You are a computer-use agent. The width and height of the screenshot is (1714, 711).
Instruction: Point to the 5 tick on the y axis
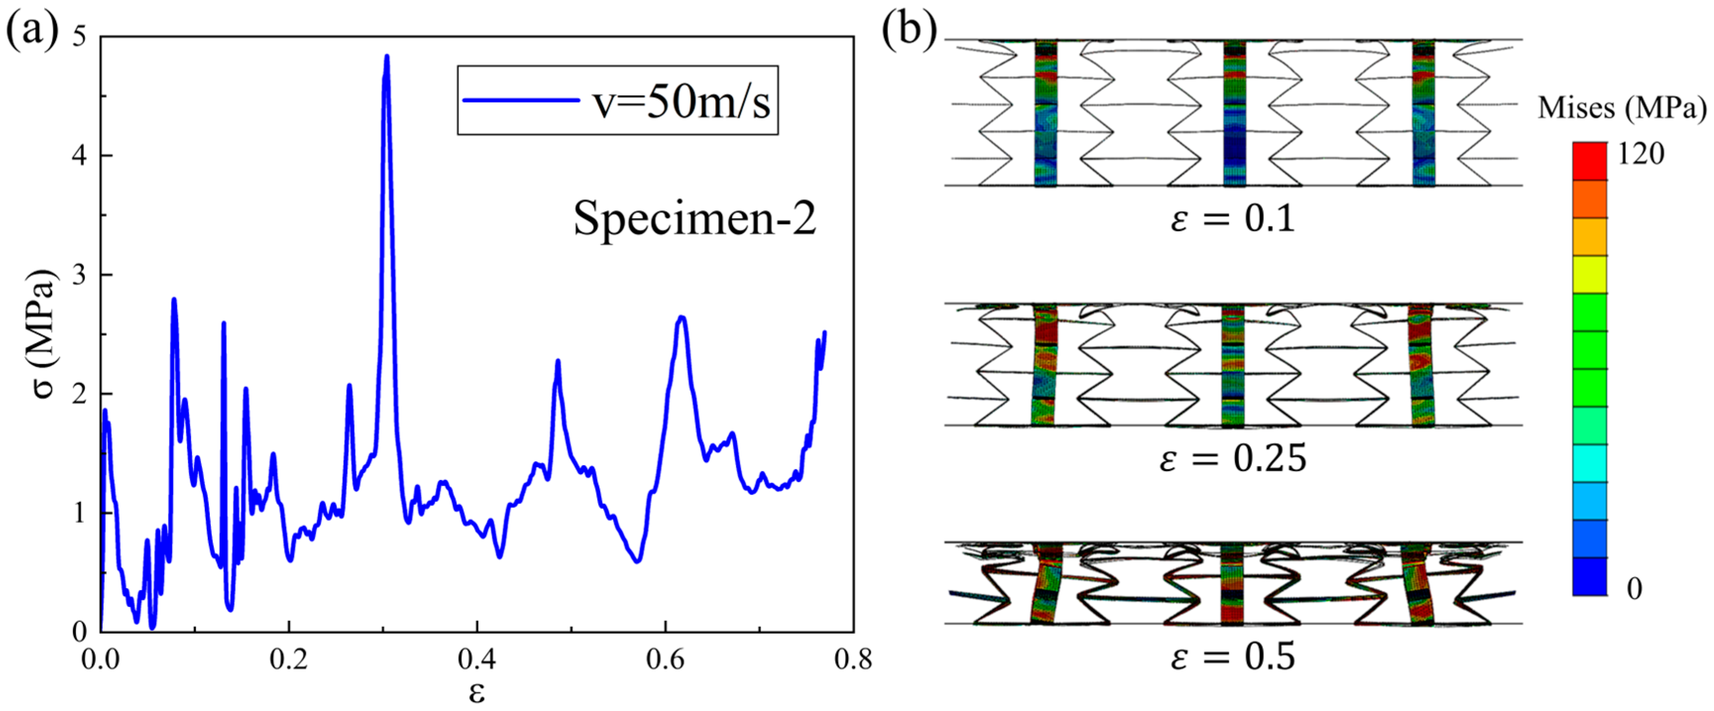79,37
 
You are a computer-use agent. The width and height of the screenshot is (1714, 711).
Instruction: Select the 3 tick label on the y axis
79,274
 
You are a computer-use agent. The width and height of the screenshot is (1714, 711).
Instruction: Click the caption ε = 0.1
1233,219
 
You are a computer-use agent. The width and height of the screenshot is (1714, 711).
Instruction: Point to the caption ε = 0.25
1233,459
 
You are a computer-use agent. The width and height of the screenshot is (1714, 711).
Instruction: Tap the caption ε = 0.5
1233,657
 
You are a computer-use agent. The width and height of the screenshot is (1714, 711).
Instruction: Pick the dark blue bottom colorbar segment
1590,576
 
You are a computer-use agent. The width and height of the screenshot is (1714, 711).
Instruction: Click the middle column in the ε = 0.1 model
1234,113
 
